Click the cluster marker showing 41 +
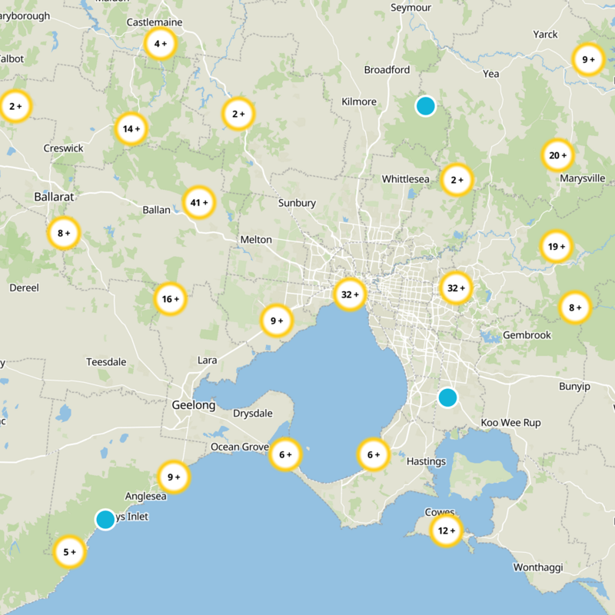[199, 203]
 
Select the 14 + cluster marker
[132, 129]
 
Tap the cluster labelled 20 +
[557, 156]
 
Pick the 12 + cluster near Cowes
[447, 530]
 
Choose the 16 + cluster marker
[171, 298]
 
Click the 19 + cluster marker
[557, 247]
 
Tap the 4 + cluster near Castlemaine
[161, 44]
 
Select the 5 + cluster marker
[70, 551]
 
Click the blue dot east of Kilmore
[425, 105]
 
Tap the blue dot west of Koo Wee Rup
[447, 397]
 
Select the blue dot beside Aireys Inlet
[105, 519]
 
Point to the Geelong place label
[193, 405]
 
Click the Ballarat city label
[54, 197]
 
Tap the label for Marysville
[583, 179]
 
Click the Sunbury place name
[297, 203]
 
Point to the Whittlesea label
[405, 179]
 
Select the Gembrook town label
[527, 335]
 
